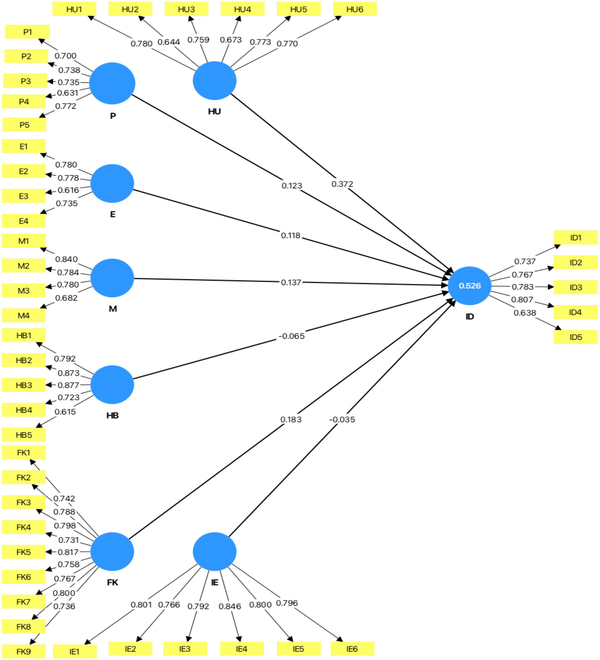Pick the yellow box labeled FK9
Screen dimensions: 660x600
click(x=24, y=651)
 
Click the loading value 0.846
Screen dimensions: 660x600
click(x=230, y=606)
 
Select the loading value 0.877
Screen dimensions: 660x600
click(x=68, y=385)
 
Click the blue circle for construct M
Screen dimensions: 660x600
click(x=112, y=278)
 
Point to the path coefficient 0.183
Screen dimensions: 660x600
click(x=291, y=419)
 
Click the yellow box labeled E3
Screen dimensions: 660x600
click(x=24, y=196)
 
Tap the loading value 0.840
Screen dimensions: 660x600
click(x=66, y=259)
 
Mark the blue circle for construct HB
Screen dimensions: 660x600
click(x=112, y=385)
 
